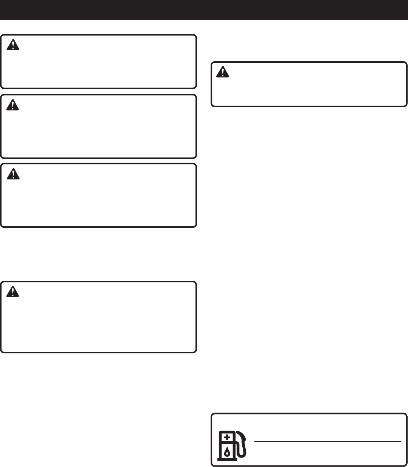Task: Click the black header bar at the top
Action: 204,10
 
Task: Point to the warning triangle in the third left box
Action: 13,174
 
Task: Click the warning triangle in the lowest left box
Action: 13,291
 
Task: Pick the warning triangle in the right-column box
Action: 223,72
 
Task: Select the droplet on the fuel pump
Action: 227,452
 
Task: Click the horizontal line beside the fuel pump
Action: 327,441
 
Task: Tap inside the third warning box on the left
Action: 98,200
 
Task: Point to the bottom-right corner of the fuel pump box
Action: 406,465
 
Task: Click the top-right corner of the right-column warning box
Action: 406,62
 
